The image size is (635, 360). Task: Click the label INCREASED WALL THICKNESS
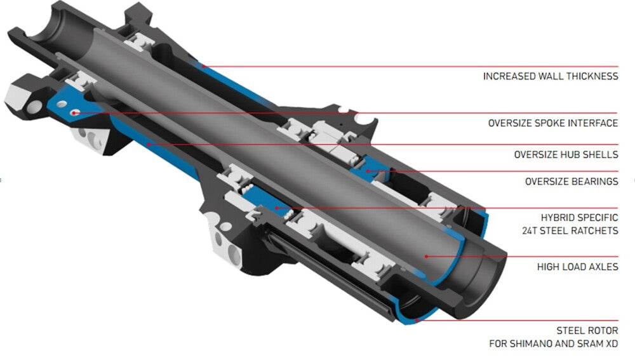click(x=551, y=76)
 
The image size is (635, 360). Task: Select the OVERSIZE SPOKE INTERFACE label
click(x=553, y=123)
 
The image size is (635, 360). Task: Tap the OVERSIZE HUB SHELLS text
click(x=566, y=155)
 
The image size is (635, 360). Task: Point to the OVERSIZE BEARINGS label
click(x=572, y=182)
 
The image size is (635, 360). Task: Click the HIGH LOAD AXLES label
click(x=577, y=267)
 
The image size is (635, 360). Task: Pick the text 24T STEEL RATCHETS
click(x=570, y=231)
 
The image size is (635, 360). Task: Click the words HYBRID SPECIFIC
click(x=580, y=217)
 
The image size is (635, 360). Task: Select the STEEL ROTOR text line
click(x=587, y=330)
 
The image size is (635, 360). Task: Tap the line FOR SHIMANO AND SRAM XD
click(x=554, y=343)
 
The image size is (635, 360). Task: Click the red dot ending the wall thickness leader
click(x=203, y=66)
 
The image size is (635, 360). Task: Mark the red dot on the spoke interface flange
click(x=74, y=113)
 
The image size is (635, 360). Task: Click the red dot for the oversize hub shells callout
click(x=149, y=144)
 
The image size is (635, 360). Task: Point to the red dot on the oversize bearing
click(x=368, y=171)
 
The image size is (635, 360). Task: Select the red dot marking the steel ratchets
click(x=277, y=208)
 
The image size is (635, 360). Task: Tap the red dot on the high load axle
click(x=427, y=257)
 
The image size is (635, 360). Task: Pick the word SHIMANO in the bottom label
click(x=533, y=343)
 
